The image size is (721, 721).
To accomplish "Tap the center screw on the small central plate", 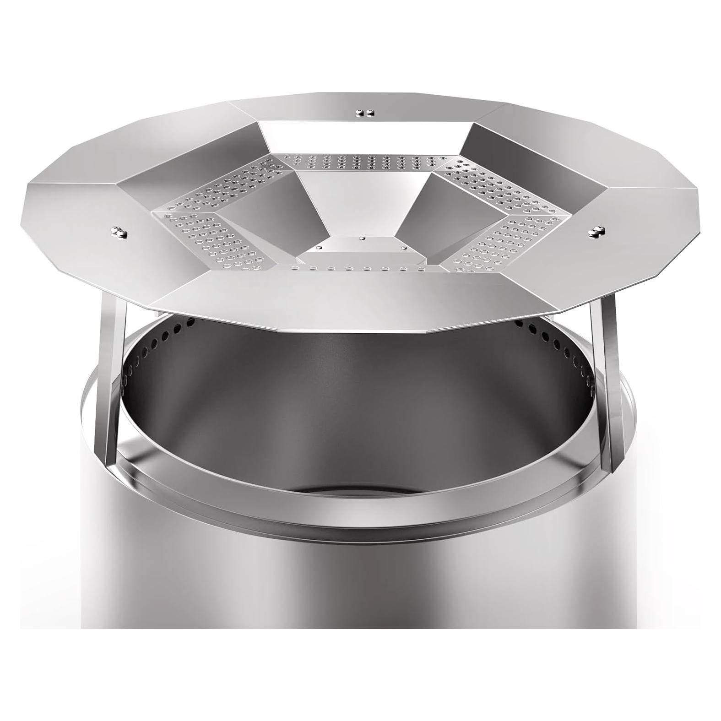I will pyautogui.click(x=362, y=238).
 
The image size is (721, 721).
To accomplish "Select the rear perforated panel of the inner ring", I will pyautogui.click(x=362, y=162).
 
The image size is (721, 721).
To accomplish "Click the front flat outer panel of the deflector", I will pyautogui.click(x=330, y=302).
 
